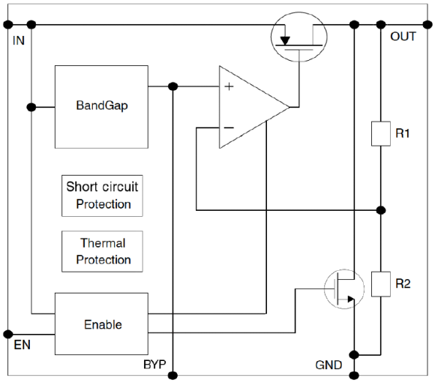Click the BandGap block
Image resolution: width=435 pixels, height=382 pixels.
[101, 107]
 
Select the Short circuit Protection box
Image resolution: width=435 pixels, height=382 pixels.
[102, 196]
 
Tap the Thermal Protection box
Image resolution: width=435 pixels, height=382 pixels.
[102, 251]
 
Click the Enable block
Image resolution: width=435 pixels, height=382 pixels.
[101, 323]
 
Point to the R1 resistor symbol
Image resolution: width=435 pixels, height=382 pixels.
[381, 134]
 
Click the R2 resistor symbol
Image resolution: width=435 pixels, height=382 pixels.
[381, 284]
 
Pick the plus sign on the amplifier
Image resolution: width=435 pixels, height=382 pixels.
[229, 86]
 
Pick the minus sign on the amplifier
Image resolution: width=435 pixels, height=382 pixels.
[229, 128]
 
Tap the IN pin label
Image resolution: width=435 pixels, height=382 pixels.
[19, 41]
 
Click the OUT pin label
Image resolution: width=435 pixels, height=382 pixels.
[403, 36]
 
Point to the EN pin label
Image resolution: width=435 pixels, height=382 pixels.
[22, 344]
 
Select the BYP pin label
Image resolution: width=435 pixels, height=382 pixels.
[154, 364]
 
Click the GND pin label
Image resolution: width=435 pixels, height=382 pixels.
[328, 365]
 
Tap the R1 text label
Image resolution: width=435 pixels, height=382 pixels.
[403, 134]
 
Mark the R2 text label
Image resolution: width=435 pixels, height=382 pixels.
[403, 284]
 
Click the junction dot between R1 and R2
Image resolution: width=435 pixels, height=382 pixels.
[381, 210]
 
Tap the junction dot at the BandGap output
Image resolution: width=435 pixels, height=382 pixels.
[172, 86]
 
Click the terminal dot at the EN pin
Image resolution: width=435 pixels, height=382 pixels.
[8, 334]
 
